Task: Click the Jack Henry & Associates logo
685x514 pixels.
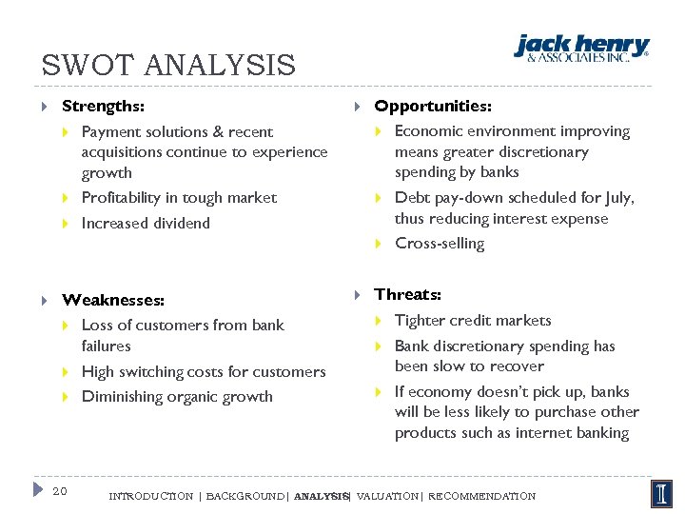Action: coord(581,48)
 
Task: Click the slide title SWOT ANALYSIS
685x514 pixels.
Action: coord(168,66)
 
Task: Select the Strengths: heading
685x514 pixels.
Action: coord(103,107)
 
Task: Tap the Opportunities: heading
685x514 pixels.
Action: coord(433,106)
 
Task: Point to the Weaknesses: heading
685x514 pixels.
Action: coord(112,300)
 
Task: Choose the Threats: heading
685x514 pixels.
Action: coord(407,294)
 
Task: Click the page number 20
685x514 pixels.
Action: coord(60,491)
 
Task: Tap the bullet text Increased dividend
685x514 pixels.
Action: coord(146,223)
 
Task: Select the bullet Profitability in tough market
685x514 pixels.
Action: coord(179,198)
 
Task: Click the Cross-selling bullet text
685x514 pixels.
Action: coord(440,244)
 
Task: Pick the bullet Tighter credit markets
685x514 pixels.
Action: coord(473,321)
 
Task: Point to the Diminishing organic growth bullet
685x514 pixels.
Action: coord(177,397)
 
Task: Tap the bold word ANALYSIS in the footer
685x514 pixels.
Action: coord(322,496)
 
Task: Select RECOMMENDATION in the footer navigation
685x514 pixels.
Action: coord(482,496)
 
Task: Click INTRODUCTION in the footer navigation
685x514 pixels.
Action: coord(150,496)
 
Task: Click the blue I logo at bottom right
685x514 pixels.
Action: coord(662,493)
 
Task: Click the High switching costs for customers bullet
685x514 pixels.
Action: coord(204,372)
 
